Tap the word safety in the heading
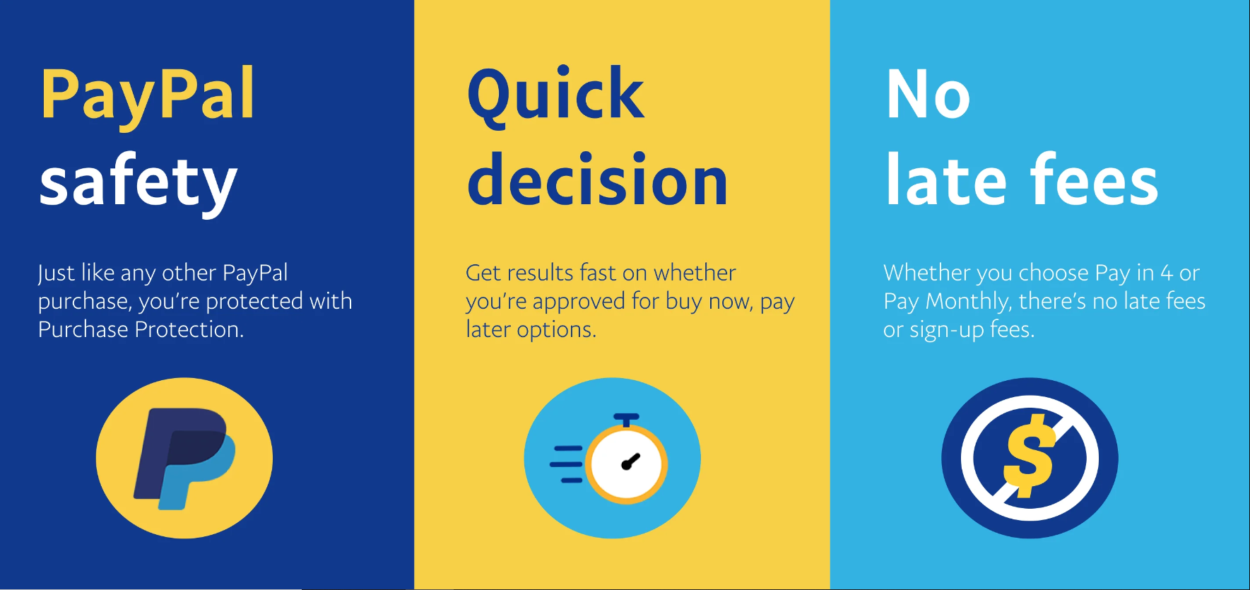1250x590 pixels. click(x=138, y=182)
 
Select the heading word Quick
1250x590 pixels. click(x=555, y=95)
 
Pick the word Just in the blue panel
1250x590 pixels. click(x=56, y=273)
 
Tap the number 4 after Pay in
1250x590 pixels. click(x=1167, y=273)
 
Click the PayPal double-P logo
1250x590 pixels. click(x=184, y=459)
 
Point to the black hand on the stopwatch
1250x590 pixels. click(x=630, y=461)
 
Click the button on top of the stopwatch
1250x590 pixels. click(x=626, y=419)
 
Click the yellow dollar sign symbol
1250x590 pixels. click(x=1030, y=456)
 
